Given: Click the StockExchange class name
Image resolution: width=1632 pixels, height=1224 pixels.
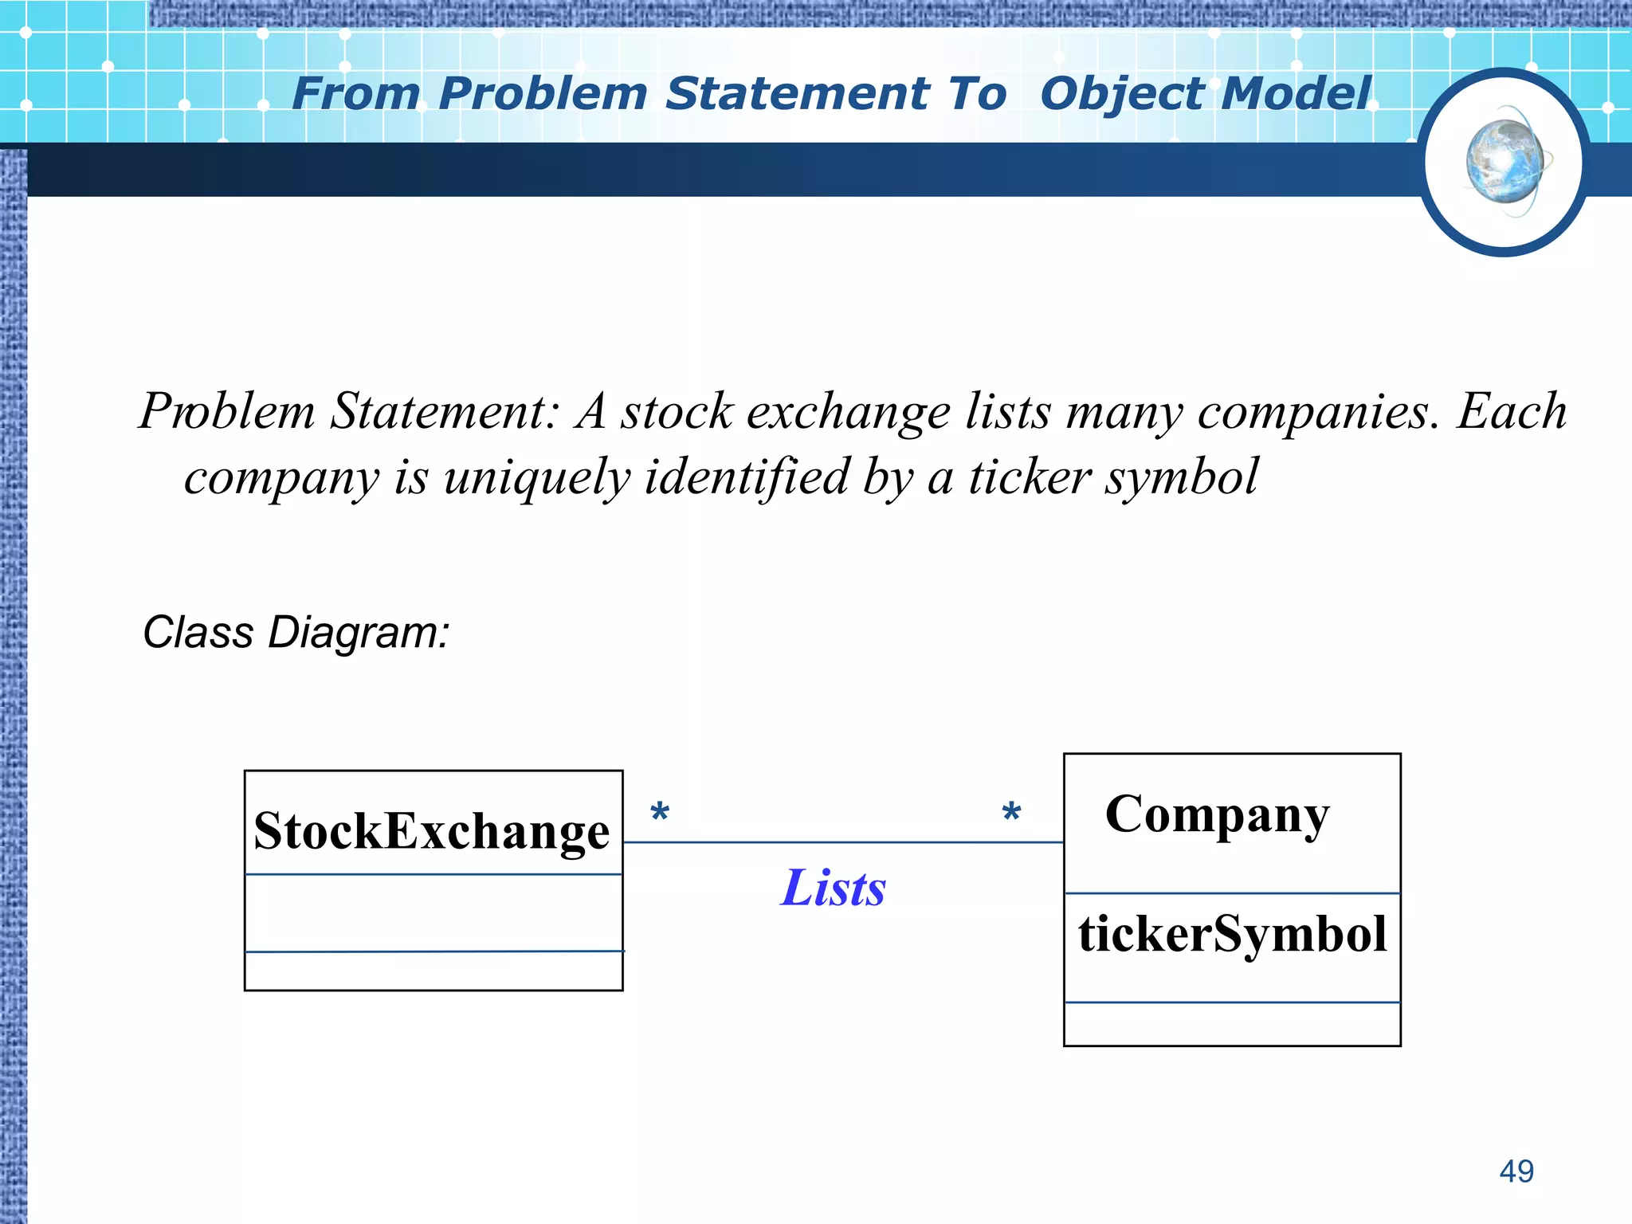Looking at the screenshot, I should [x=431, y=831].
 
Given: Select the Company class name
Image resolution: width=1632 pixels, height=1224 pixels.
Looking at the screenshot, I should [x=1217, y=814].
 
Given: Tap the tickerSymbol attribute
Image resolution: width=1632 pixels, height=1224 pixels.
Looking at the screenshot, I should [x=1232, y=934].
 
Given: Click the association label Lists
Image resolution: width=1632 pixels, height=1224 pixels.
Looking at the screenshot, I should [x=833, y=888].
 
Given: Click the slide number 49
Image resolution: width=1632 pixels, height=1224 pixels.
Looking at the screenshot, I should [x=1516, y=1171].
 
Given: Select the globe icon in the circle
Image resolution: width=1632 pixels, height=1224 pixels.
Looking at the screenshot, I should [x=1504, y=163].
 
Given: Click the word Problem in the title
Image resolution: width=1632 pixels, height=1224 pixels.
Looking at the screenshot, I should [x=542, y=94].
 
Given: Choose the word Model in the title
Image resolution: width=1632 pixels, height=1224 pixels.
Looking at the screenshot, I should [x=1295, y=94].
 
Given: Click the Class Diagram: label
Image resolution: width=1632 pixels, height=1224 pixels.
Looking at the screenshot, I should [x=296, y=633].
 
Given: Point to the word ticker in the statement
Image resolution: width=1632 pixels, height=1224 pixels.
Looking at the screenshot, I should [x=1029, y=477].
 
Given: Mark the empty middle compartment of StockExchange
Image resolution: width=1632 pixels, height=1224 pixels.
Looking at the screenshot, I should [x=433, y=913].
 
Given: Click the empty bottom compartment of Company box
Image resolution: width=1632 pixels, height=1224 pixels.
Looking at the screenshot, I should [x=1232, y=1024].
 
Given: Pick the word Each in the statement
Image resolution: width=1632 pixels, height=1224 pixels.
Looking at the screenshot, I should [x=1512, y=412].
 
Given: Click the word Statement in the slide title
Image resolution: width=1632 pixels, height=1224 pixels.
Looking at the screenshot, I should [x=797, y=94].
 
